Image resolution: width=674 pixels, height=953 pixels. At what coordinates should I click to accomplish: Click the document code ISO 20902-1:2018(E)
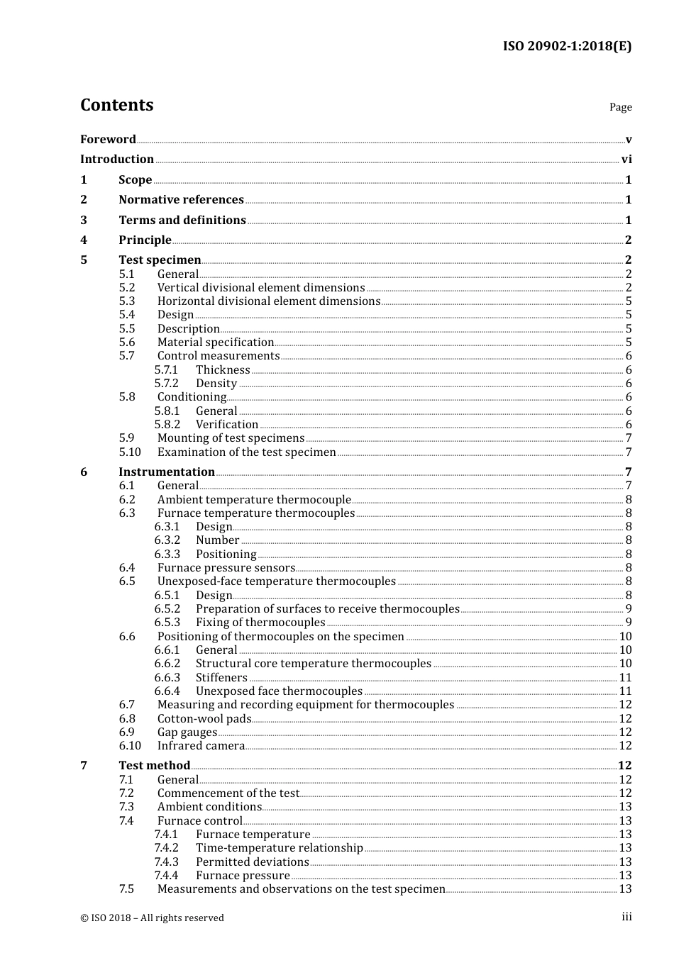567,46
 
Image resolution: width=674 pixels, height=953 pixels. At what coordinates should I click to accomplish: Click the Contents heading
116,105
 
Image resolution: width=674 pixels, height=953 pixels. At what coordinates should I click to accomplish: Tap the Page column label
620,107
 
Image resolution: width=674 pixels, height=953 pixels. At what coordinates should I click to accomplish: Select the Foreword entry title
108,139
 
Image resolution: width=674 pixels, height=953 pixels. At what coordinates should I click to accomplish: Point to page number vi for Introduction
626,160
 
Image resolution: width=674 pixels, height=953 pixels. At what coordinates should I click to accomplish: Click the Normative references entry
181,200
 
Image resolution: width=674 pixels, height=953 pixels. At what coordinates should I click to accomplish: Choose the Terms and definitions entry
182,220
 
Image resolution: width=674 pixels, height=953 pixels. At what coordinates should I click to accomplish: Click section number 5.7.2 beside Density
167,384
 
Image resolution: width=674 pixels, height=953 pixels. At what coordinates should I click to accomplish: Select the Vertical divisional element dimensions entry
261,288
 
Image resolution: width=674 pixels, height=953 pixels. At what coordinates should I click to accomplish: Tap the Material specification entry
216,342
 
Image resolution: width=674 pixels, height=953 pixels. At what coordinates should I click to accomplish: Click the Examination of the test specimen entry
247,452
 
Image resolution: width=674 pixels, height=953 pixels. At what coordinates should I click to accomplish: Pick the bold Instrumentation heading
167,472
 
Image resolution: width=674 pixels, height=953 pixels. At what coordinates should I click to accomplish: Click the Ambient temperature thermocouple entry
254,500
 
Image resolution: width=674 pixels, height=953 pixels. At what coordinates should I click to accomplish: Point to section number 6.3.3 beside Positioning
167,554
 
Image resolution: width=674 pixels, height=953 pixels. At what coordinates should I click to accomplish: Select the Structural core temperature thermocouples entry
314,664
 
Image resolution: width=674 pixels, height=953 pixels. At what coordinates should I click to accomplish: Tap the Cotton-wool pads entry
204,719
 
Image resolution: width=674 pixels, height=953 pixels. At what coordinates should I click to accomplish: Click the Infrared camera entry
201,746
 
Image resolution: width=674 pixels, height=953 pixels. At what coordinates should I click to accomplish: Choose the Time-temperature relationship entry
280,848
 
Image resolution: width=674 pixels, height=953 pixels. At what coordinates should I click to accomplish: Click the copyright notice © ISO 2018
152,918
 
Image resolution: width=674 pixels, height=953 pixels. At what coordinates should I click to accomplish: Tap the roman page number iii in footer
626,917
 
